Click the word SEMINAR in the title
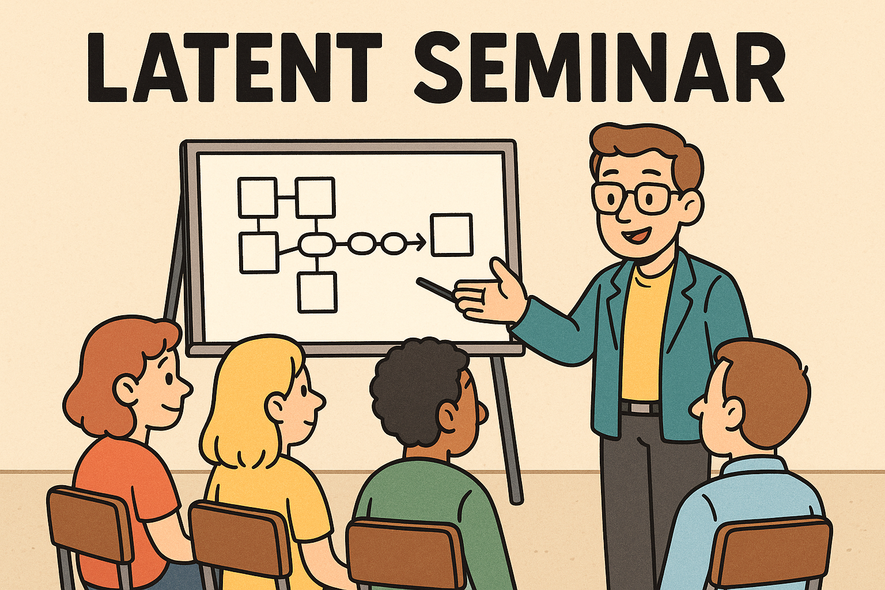point(599,67)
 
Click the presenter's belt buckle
point(640,407)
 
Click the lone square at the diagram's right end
point(452,235)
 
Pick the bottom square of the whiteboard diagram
point(317,293)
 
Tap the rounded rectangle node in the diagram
point(317,244)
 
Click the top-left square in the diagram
point(258,198)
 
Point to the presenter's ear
point(693,207)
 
